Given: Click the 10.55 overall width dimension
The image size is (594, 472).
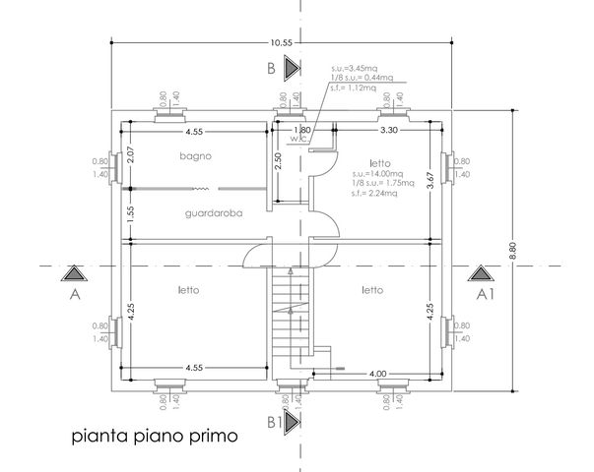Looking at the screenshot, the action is pos(281,42).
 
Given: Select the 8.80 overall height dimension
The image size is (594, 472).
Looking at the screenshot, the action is pos(512,251).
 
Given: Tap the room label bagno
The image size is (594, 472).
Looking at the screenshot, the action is pos(195,155).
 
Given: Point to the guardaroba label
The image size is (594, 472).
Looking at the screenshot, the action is pos(214,213).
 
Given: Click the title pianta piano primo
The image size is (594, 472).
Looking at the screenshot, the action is pos(155,436).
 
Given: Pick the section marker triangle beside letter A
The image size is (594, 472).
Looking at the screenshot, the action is pos(74,273).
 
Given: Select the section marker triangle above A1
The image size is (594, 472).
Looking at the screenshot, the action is pos(481,273).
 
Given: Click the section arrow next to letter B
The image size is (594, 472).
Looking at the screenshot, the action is pos(293,68).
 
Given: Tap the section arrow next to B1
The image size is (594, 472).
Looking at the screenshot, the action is pos(293,422).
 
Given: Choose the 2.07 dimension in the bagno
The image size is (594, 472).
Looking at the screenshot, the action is pos(131,154).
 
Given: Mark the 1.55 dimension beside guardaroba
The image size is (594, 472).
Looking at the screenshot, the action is pos(131,214).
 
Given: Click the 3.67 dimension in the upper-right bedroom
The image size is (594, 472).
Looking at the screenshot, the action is pos(429,180).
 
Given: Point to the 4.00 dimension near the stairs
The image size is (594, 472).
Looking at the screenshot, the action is pos(377,374).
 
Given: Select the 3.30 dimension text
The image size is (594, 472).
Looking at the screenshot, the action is pos(389,130).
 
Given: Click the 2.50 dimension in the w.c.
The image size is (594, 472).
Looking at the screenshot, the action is pos(278,161).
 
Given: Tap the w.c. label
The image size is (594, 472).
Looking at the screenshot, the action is pos(299,140).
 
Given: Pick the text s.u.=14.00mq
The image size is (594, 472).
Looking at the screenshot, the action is pos(377,174).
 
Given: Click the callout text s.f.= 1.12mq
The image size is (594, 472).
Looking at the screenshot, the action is pos(354,88).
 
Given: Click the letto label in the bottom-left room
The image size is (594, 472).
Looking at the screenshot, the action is pos(189,290).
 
